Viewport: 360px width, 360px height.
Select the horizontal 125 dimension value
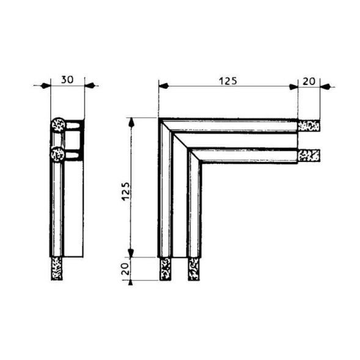tap(227, 80)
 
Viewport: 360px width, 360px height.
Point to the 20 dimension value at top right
tap(309, 80)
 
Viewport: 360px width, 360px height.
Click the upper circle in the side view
tap(58, 125)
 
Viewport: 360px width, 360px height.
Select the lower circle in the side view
tap(58, 154)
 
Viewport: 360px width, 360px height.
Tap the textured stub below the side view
tap(57, 268)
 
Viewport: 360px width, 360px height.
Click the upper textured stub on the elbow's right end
tap(309, 127)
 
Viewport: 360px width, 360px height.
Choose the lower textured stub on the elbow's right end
tap(309, 155)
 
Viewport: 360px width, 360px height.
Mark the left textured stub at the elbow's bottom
tap(165, 268)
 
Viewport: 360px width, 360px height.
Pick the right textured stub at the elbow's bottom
tap(194, 268)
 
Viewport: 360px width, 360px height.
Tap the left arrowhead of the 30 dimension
tap(45, 86)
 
